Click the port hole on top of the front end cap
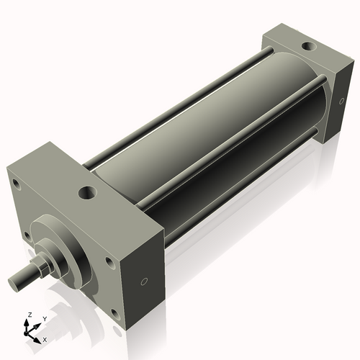(x=87, y=193)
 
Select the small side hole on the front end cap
(x=143, y=281)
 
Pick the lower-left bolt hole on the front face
(x=27, y=235)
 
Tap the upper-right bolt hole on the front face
(x=109, y=262)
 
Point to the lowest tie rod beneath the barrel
(x=238, y=209)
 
